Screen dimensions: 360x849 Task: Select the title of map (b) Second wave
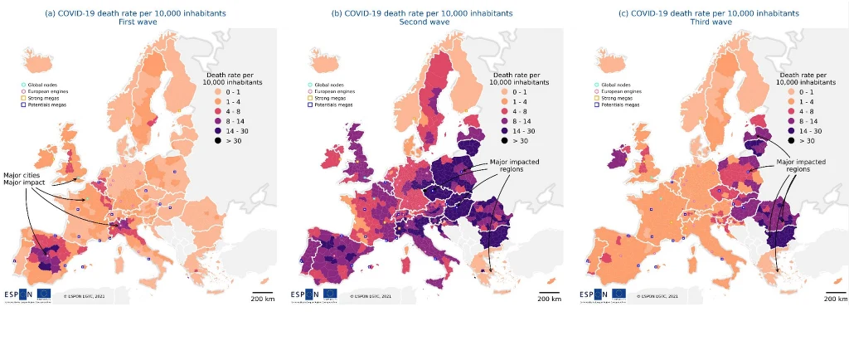point(421,18)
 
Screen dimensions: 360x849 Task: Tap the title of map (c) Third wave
point(711,18)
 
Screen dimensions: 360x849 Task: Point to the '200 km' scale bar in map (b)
point(549,295)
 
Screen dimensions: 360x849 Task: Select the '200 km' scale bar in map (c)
point(836,295)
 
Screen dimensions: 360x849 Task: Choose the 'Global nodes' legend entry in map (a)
point(38,85)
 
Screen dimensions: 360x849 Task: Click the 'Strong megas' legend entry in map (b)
point(325,99)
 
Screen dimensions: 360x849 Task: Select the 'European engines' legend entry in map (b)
point(329,92)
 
